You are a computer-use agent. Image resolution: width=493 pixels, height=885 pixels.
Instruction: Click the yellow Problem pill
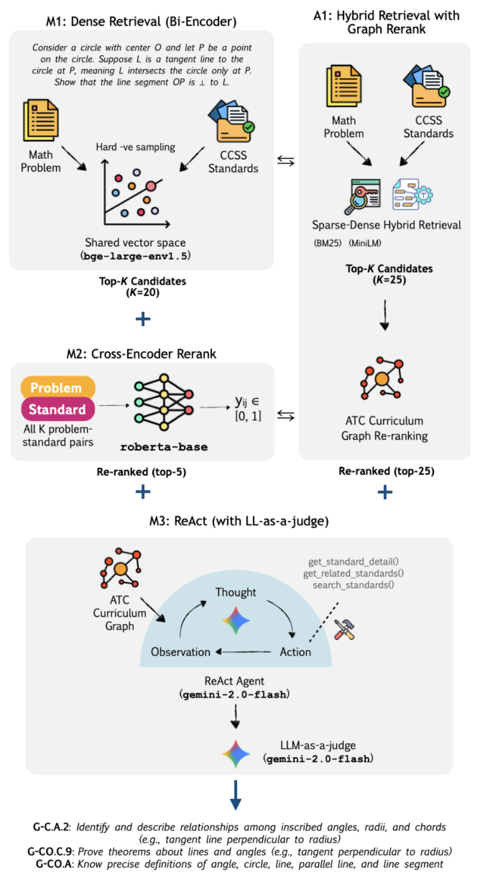pos(58,387)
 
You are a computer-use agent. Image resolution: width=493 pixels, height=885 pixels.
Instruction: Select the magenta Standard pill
pos(58,409)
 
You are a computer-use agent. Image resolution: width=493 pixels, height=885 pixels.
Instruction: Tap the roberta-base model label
pos(164,447)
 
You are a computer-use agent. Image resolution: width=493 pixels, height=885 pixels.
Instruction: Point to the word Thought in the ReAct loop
pos(235,593)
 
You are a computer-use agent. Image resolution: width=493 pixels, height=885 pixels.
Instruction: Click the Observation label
pos(180,652)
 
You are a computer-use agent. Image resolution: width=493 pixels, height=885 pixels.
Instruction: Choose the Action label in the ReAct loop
pos(296,652)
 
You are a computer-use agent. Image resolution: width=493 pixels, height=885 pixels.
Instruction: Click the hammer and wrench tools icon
pos(345,629)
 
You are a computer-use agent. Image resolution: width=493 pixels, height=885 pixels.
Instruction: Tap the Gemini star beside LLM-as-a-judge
pos(235,754)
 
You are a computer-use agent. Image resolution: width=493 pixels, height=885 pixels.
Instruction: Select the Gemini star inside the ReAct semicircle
pos(235,621)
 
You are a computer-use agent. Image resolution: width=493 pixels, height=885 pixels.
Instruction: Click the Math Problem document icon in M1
pos(41,120)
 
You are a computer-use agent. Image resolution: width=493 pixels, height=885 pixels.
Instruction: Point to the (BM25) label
pos(327,243)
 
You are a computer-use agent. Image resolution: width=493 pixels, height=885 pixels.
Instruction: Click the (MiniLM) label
pos(365,243)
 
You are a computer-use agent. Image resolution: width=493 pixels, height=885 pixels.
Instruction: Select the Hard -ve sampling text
pos(135,147)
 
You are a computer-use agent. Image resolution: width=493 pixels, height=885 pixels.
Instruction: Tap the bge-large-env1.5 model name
pos(135,256)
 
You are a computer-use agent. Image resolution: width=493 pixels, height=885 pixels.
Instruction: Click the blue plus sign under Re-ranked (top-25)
pos(385,492)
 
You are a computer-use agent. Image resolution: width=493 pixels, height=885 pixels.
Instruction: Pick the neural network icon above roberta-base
pos(164,402)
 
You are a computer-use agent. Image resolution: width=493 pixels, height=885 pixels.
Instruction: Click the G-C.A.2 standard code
pos(51,827)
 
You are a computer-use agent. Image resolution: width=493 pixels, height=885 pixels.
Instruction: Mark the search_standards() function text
pos(353,585)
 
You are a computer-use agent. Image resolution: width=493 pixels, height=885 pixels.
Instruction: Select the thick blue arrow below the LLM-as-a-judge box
pos(235,795)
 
